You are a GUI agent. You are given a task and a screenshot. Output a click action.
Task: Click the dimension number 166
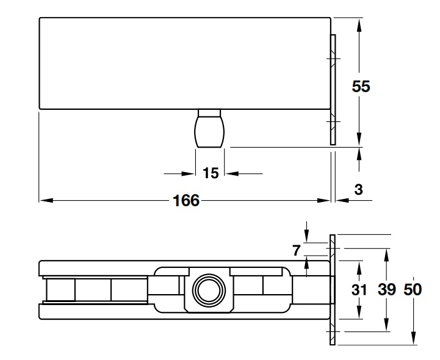(x=187, y=201)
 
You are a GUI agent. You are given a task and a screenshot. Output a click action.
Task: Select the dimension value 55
(x=361, y=86)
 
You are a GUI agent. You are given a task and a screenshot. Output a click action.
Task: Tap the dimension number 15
(x=210, y=174)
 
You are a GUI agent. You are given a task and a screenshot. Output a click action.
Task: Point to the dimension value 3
(x=358, y=190)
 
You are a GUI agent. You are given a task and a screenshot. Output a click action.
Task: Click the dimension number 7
(x=297, y=250)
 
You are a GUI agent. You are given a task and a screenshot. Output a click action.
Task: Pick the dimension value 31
(x=359, y=290)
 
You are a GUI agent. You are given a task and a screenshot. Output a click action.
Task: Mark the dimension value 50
(x=413, y=290)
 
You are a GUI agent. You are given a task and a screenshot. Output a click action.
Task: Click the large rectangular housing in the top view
(x=183, y=63)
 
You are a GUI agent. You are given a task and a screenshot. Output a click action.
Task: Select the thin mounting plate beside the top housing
(x=333, y=90)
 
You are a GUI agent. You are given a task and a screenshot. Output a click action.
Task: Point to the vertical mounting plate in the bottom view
(x=333, y=290)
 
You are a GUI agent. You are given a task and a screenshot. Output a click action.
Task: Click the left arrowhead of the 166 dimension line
(x=45, y=200)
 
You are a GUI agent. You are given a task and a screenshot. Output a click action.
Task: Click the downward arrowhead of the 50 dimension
(x=413, y=339)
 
